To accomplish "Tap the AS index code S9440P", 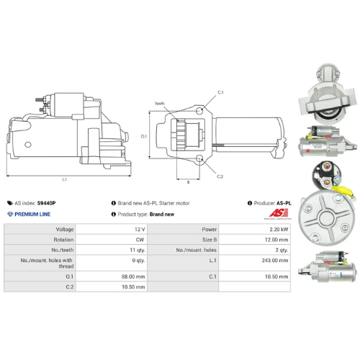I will coord(47,203).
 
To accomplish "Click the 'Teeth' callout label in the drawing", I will coord(160,103).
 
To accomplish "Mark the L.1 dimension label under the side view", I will coord(64,179).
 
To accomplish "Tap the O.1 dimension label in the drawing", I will coord(143,135).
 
